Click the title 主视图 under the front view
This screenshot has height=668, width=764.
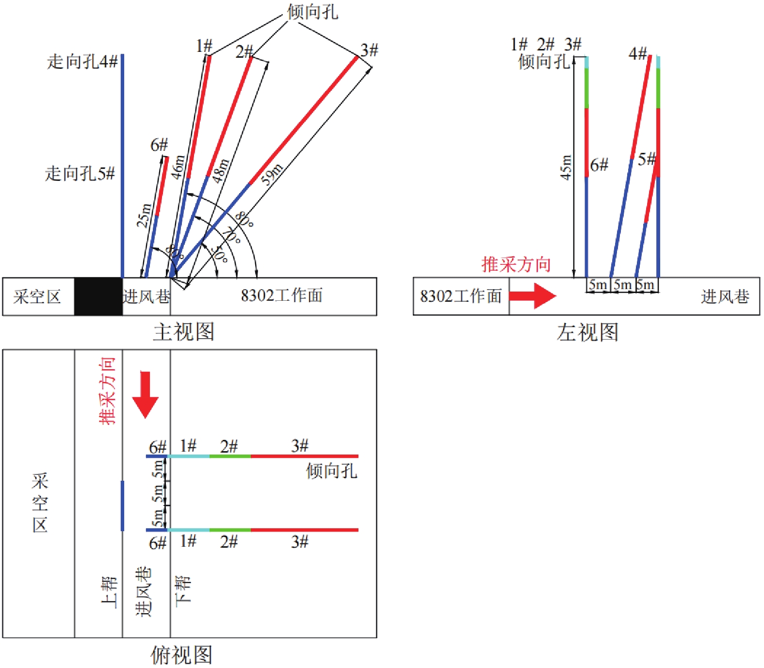click(183, 332)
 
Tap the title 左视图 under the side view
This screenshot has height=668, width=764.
click(587, 333)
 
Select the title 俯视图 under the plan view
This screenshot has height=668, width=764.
click(181, 655)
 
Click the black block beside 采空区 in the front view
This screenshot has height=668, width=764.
click(98, 296)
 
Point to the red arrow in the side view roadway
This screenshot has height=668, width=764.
click(533, 296)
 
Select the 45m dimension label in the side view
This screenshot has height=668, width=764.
click(566, 168)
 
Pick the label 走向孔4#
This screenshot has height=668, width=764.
click(82, 62)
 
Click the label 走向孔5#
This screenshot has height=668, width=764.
click(80, 173)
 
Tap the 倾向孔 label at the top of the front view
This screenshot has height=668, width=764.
click(312, 12)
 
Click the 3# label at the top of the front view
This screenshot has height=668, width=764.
click(369, 50)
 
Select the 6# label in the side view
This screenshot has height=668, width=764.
click(599, 165)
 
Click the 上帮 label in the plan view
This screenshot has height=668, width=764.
click(109, 592)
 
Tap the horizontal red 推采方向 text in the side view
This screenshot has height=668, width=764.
click(516, 264)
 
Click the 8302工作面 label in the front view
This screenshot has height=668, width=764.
click(282, 295)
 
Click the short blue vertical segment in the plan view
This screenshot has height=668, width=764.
click(122, 505)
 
